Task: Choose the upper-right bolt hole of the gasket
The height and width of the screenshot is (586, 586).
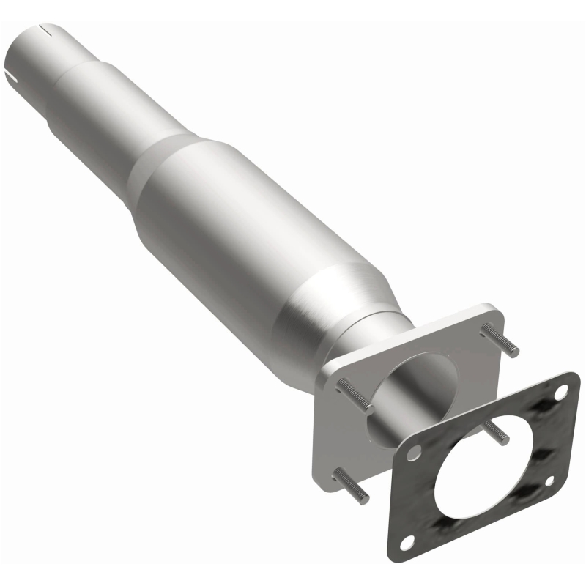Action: pyautogui.click(x=563, y=393)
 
